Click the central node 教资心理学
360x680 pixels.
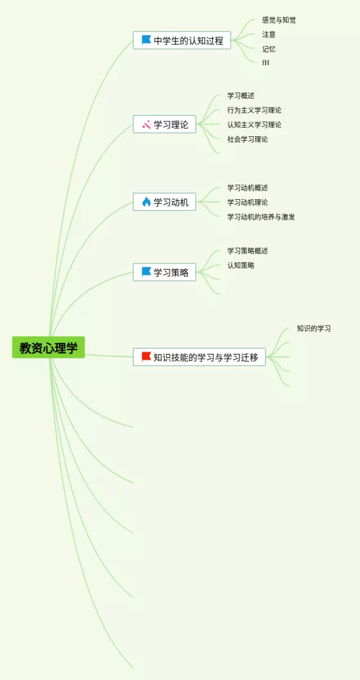48,347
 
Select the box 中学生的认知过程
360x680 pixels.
182,41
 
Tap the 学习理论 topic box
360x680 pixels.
164,124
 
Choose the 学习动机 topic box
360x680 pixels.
164,202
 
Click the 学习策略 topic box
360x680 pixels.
164,272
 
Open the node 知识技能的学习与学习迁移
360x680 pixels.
199,357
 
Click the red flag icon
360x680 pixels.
146,356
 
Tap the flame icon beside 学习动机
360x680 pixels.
146,202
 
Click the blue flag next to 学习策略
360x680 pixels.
146,272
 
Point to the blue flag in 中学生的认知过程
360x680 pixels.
146,40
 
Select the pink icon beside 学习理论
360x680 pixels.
146,124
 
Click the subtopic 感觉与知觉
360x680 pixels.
279,20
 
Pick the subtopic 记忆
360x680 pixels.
269,49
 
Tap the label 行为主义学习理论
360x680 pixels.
254,110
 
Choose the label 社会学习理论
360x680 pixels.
247,139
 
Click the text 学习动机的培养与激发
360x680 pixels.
261,217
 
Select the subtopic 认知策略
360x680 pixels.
241,265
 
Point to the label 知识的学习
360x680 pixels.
314,329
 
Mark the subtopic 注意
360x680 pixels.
269,34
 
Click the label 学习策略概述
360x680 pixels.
247,251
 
